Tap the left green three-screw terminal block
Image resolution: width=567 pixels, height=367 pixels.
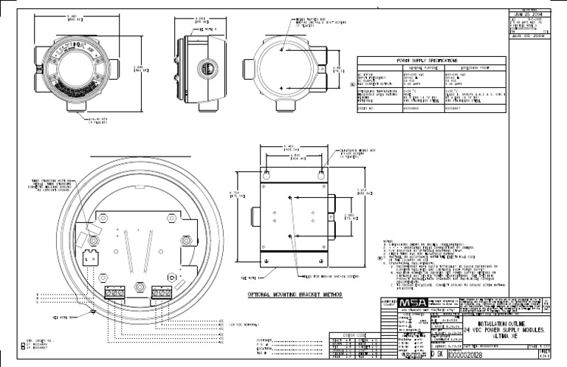tap(114, 292)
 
